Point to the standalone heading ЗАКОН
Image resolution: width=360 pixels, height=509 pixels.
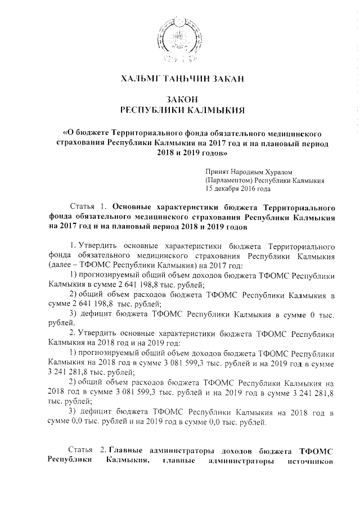click(x=180, y=100)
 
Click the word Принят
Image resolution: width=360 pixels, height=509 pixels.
click(x=218, y=171)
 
